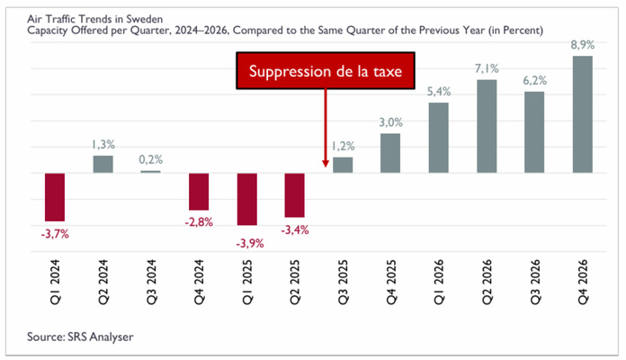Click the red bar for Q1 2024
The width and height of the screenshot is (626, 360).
[x=55, y=197]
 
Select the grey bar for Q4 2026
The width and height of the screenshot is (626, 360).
[x=583, y=114]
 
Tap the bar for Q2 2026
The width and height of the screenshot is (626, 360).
[x=487, y=126]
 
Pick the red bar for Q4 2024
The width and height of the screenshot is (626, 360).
[x=199, y=192]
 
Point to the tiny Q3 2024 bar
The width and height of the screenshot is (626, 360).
[x=150, y=172]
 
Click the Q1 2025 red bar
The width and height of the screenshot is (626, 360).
[x=247, y=199]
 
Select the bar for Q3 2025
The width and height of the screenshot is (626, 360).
[x=343, y=165]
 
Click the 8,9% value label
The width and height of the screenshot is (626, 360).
[x=583, y=45]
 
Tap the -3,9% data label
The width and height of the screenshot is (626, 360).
[x=250, y=243]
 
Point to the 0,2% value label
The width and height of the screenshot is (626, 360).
[x=151, y=160]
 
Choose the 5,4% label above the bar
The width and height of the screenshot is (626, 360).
[x=439, y=92]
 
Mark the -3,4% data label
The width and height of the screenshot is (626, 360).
[x=295, y=230]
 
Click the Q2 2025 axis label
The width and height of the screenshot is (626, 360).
[x=295, y=282]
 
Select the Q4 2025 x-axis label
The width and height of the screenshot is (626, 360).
[x=391, y=282]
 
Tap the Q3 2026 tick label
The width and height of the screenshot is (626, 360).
[x=534, y=282]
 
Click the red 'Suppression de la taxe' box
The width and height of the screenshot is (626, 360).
[x=326, y=70]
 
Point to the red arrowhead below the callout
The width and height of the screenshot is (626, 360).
[x=326, y=164]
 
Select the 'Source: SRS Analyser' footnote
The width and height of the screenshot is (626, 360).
[x=80, y=337]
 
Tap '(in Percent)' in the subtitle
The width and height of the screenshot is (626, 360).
[x=515, y=31]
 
